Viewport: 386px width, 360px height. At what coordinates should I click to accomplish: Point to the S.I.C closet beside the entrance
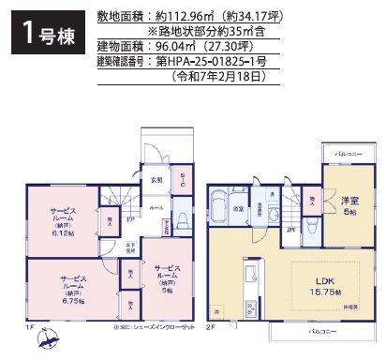(x=183, y=182)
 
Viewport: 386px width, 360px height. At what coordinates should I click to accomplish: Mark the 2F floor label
(x=211, y=327)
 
